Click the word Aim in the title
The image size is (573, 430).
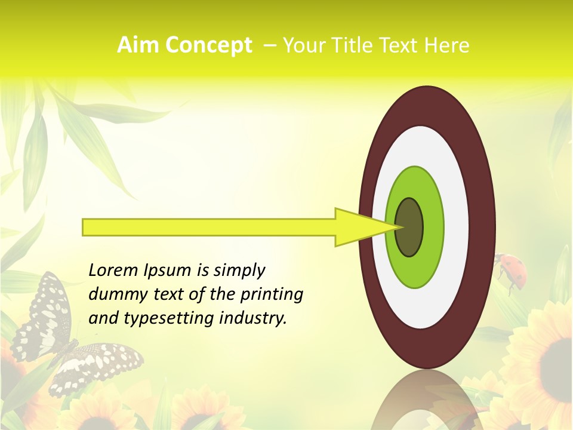coord(137,45)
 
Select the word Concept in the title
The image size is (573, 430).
coord(208,46)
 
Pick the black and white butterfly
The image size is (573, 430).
coord(66,340)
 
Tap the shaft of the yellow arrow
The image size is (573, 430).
coord(209,227)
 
